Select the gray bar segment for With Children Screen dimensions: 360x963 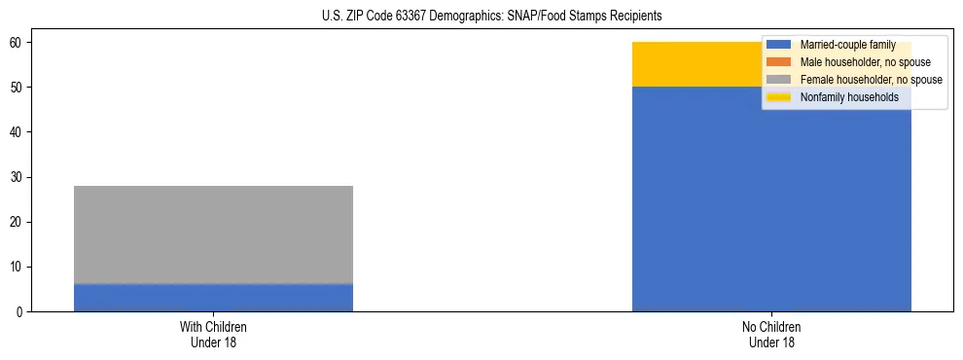pos(213,234)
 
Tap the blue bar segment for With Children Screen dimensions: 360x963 pos(213,298)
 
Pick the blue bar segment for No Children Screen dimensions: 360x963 pos(771,199)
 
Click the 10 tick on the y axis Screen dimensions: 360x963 pos(18,267)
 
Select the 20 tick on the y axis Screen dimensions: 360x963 pos(18,222)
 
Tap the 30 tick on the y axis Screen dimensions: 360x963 pos(18,177)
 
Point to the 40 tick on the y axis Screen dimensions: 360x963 pos(18,132)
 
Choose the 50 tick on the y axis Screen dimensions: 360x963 pos(18,88)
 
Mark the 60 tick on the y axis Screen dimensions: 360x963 pos(18,43)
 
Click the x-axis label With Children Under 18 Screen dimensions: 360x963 pos(213,334)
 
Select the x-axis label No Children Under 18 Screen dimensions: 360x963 pos(771,334)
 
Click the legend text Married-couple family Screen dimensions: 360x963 pos(849,45)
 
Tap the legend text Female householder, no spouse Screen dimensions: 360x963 pos(871,80)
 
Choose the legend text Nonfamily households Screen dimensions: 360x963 pos(849,97)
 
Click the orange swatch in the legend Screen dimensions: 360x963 pos(779,62)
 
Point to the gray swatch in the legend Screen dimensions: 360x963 pos(779,80)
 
